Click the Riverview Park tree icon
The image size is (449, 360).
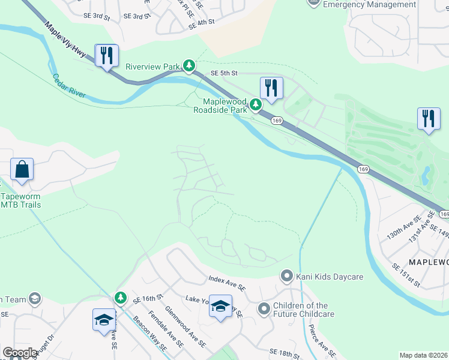coord(189,65)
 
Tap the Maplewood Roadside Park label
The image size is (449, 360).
coord(221,106)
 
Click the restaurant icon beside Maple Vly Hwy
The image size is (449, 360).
coord(107,56)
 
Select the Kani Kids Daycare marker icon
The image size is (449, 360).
coord(287,276)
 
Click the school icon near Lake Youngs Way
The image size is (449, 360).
coord(220,307)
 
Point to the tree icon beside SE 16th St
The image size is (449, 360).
coord(121,298)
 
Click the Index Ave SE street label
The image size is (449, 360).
coord(227,283)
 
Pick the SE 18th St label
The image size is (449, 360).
coord(285,354)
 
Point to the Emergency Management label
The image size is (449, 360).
coord(369,4)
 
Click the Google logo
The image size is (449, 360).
coord(20,353)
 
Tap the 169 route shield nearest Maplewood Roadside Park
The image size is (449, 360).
coord(277,121)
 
